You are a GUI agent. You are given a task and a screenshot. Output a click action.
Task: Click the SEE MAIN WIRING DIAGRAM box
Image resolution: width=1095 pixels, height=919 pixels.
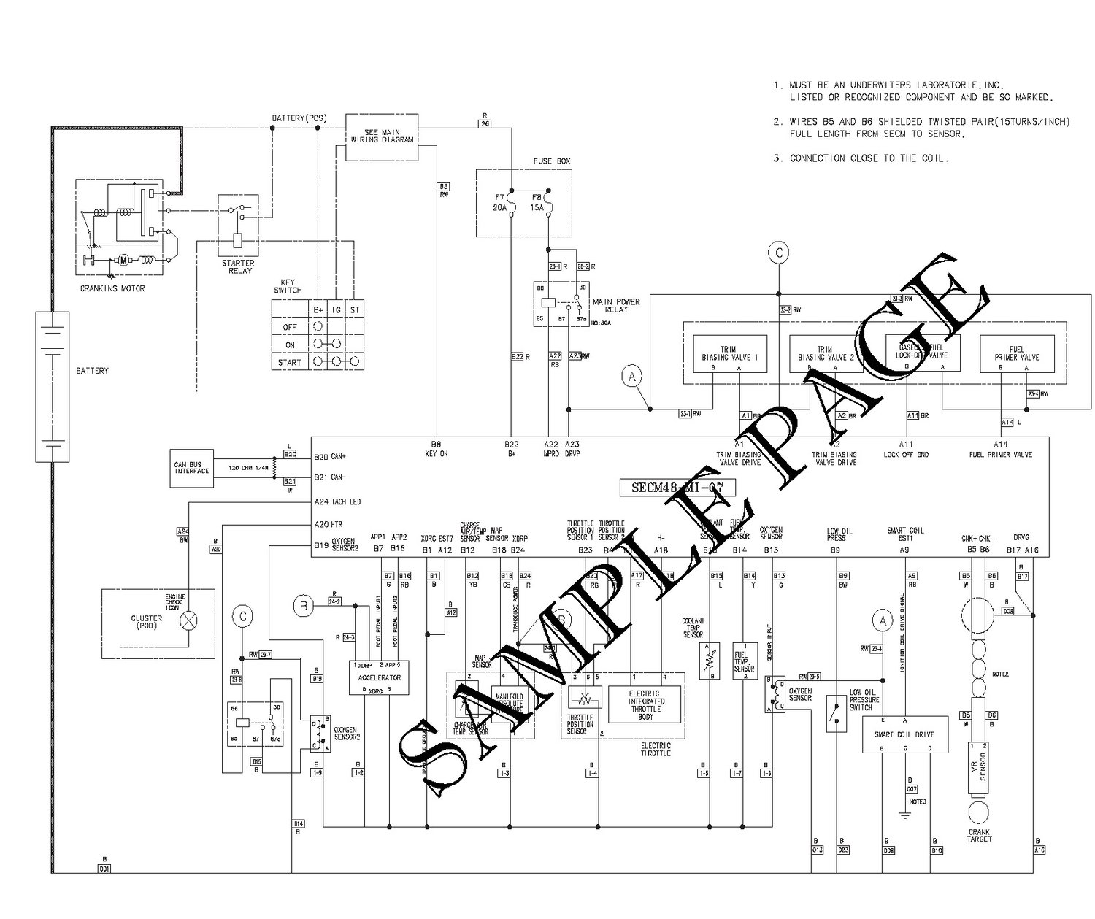(x=382, y=137)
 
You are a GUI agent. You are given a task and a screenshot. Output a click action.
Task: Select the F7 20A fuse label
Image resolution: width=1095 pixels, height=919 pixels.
(x=500, y=202)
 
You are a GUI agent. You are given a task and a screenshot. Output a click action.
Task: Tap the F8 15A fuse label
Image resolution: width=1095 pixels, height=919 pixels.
(x=537, y=202)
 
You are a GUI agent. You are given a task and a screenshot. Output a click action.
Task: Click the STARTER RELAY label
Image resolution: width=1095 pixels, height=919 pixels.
(x=238, y=266)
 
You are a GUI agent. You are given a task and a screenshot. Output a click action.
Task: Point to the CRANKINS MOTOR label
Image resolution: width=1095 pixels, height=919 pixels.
(x=112, y=288)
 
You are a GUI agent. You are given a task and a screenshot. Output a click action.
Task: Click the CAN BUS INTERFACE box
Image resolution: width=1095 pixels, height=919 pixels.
(x=192, y=467)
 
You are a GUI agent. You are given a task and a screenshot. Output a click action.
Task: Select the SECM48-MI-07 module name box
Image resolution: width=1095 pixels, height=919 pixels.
(x=676, y=487)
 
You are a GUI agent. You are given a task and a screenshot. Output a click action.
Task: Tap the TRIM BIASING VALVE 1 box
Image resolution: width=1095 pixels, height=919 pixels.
(x=729, y=354)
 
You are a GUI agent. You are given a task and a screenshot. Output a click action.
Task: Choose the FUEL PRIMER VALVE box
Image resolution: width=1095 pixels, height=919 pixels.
(x=1016, y=354)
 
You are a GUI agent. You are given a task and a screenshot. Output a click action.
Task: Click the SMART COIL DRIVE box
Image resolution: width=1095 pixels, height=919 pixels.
(x=904, y=734)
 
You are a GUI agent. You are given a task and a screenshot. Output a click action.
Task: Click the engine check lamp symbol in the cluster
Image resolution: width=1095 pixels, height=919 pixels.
(x=189, y=621)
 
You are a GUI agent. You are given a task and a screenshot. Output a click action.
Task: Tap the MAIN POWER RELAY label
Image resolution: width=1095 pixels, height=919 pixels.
(x=616, y=305)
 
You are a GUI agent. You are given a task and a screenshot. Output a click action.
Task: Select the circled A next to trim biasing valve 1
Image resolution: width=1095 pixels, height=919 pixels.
(x=632, y=376)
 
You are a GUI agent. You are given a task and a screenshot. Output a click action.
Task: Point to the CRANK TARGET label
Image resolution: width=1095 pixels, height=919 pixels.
(x=979, y=836)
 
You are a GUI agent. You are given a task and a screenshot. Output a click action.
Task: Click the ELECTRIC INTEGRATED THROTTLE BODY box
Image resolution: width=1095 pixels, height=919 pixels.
(x=646, y=705)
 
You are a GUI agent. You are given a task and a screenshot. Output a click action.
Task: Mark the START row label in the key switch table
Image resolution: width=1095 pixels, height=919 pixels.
(x=289, y=362)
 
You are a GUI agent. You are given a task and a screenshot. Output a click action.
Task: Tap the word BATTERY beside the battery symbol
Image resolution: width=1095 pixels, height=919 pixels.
(x=92, y=371)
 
